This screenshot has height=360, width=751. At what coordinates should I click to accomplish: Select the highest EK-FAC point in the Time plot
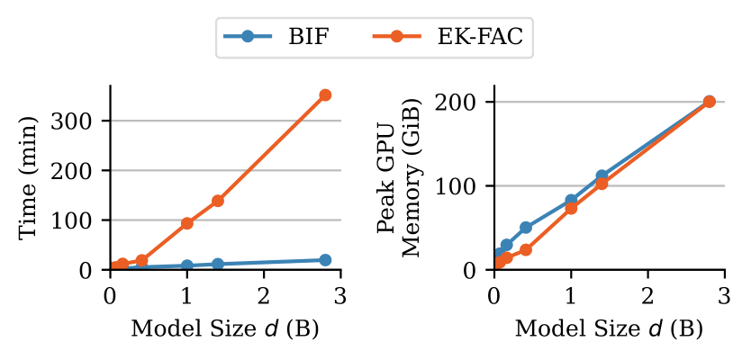pyautogui.click(x=325, y=94)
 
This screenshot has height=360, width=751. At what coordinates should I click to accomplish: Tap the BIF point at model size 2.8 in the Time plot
pyautogui.click(x=325, y=260)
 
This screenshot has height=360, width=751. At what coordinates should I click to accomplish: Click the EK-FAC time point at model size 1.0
pyautogui.click(x=187, y=223)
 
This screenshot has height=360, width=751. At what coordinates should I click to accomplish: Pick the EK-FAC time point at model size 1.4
pyautogui.click(x=218, y=201)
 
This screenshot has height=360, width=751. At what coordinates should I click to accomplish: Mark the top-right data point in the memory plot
pyautogui.click(x=709, y=102)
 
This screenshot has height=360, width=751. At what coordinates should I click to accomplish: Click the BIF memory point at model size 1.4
pyautogui.click(x=602, y=176)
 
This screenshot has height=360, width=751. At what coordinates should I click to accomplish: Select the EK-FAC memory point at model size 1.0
pyautogui.click(x=571, y=208)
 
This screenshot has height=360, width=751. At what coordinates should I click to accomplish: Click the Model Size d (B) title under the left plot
pyautogui.click(x=225, y=328)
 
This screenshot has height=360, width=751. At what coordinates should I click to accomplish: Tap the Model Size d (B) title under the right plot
pyautogui.click(x=609, y=328)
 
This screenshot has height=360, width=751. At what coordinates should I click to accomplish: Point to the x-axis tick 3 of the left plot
pyautogui.click(x=340, y=293)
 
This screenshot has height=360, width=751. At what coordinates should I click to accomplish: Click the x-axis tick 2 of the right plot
pyautogui.click(x=647, y=293)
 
